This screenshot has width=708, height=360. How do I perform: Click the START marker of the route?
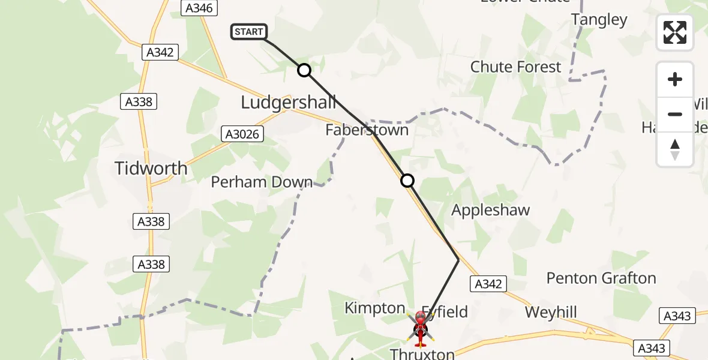coord(248,32)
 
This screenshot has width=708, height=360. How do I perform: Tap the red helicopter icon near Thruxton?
coord(419,328)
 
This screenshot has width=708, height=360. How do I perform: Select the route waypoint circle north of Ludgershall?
coord(304,70)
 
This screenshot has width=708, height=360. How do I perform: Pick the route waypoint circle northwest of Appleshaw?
coord(407,181)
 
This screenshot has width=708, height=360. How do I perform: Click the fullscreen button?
coord(674,32)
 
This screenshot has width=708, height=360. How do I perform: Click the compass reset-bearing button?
coord(674,149)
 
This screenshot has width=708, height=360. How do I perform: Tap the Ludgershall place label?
coord(288,103)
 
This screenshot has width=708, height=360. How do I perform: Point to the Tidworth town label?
coord(151,169)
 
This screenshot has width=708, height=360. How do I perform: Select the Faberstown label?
coord(367,130)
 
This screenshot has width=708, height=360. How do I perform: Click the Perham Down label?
coord(262,182)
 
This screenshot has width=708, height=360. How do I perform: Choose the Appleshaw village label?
coord(490,211)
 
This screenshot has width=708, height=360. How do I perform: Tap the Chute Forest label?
coord(515,67)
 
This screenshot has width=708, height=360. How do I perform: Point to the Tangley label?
coord(599,20)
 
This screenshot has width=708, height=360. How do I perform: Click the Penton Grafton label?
coord(601,278)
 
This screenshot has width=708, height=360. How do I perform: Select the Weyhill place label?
coord(550,313)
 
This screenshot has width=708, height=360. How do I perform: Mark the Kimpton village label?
coord(374,308)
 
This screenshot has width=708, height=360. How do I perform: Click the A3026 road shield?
coord(242,134)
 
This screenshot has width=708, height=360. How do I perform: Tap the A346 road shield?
coord(199,8)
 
